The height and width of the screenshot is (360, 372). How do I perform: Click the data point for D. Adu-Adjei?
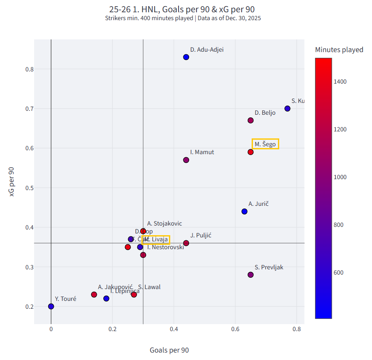pos(186,57)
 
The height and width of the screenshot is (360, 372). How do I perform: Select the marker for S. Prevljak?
pos(250,275)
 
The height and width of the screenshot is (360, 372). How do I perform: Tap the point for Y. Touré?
pos(51,307)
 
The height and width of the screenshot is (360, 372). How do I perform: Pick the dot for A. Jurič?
pos(244,212)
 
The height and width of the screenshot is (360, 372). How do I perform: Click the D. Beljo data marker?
pos(250,120)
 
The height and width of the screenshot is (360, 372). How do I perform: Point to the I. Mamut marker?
pos(186,160)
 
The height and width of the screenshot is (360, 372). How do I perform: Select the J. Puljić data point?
pos(186,243)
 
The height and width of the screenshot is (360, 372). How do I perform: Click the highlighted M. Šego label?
pos(265,144)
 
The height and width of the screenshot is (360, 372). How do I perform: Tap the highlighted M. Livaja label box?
pos(156,240)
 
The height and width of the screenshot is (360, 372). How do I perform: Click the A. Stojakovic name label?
pos(164,223)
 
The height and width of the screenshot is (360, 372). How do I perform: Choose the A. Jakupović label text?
pos(115,287)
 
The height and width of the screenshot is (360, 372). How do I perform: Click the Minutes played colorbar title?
pos(339,50)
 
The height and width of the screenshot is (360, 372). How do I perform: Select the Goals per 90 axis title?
pos(169,350)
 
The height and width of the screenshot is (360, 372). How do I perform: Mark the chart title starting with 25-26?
pos(182,9)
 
